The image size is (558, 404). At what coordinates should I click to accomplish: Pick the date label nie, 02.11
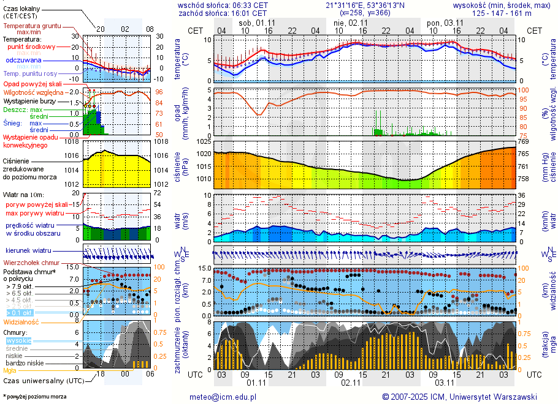pos(350,23)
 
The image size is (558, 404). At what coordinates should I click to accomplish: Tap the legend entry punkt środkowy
pos(32,47)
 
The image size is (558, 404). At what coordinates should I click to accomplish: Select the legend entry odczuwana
pos(23,60)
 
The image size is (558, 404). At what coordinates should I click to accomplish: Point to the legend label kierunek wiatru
pos(28,251)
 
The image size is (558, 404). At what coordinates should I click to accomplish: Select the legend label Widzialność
pos(21,321)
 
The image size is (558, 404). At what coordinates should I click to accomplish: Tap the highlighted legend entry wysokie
pos(18,340)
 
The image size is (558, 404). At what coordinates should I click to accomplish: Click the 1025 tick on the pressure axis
pos(204,142)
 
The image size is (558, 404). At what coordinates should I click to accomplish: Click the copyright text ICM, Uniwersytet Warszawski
pos(484,397)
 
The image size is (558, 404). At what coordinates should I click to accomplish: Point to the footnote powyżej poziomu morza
pos(36,397)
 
